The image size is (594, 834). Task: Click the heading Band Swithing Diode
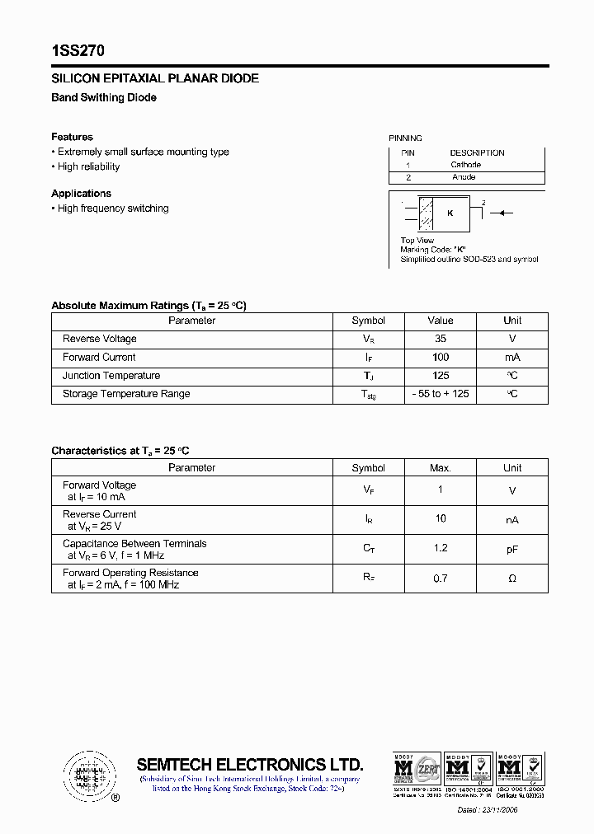pos(104,97)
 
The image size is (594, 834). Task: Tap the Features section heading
pos(72,137)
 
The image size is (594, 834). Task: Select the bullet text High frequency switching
pos(113,208)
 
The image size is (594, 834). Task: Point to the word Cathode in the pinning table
pos(466,165)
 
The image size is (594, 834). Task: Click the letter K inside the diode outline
pos(450,213)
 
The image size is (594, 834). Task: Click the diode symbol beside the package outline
pos(501,213)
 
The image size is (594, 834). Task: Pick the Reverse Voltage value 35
pos(441,339)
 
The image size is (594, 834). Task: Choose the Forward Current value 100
pos(441,357)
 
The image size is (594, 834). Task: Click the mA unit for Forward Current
pos(512,357)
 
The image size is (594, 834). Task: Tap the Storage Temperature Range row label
pos(126,394)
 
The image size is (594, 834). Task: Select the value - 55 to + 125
pos(441,394)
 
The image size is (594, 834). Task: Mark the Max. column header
pos(441,468)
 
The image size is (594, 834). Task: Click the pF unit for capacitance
pos(512,549)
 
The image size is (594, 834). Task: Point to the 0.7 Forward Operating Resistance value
pos(441,579)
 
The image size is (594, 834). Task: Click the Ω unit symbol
pos(512,579)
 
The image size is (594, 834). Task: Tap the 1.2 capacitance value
pos(441,549)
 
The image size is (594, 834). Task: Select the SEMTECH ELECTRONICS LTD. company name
pos(249,764)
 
